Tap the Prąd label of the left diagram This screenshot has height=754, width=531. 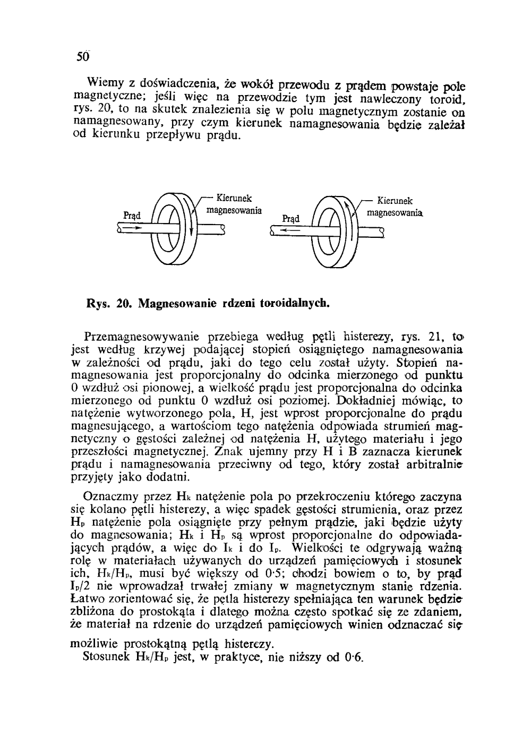click(x=131, y=215)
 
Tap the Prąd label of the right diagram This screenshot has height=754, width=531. click(x=290, y=218)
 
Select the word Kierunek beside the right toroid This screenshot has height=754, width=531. click(x=395, y=201)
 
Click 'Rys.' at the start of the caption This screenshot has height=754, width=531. click(x=98, y=304)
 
